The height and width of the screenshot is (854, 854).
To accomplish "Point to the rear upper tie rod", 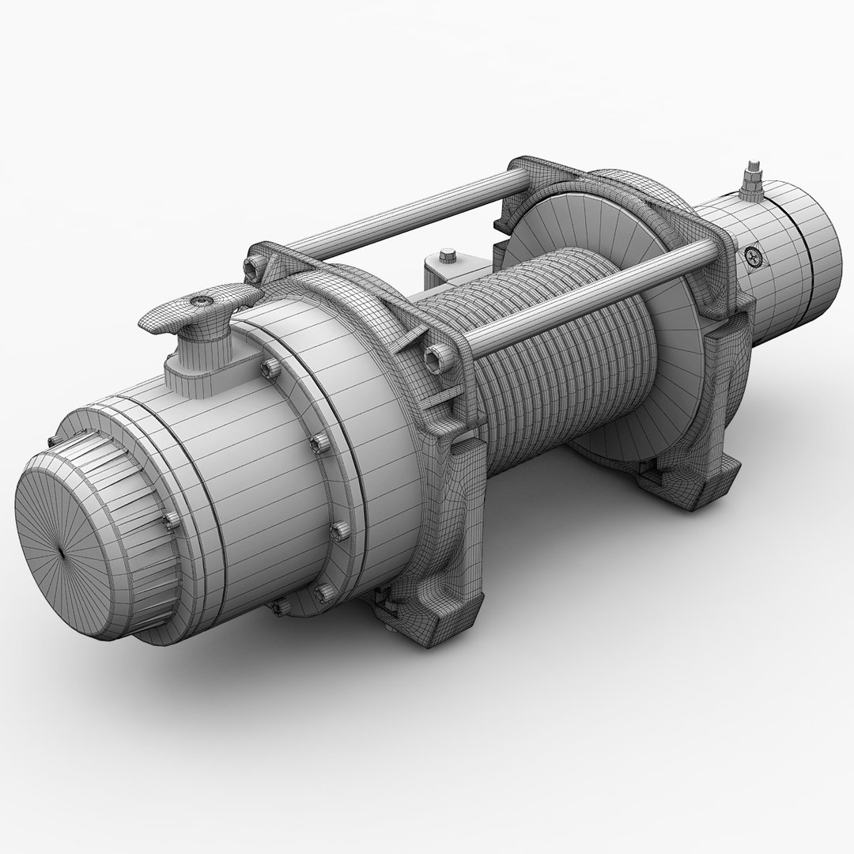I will pos(395,213).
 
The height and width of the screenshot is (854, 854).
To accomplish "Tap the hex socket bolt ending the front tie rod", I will pos(434,360).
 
